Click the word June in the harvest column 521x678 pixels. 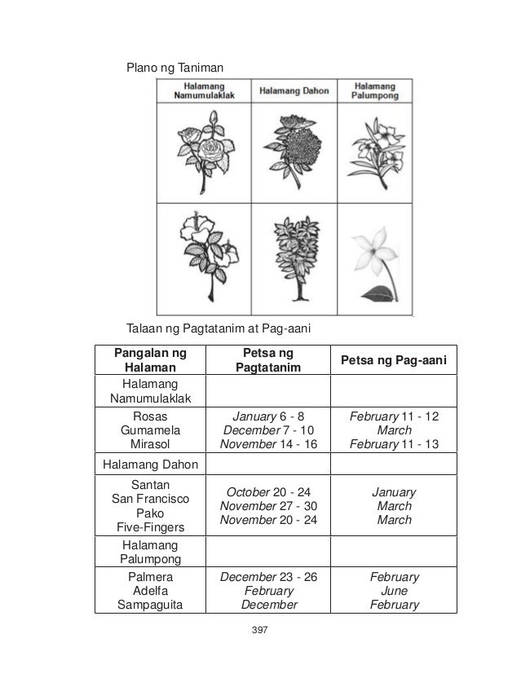pos(395,591)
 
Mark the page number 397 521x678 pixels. pos(261,630)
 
